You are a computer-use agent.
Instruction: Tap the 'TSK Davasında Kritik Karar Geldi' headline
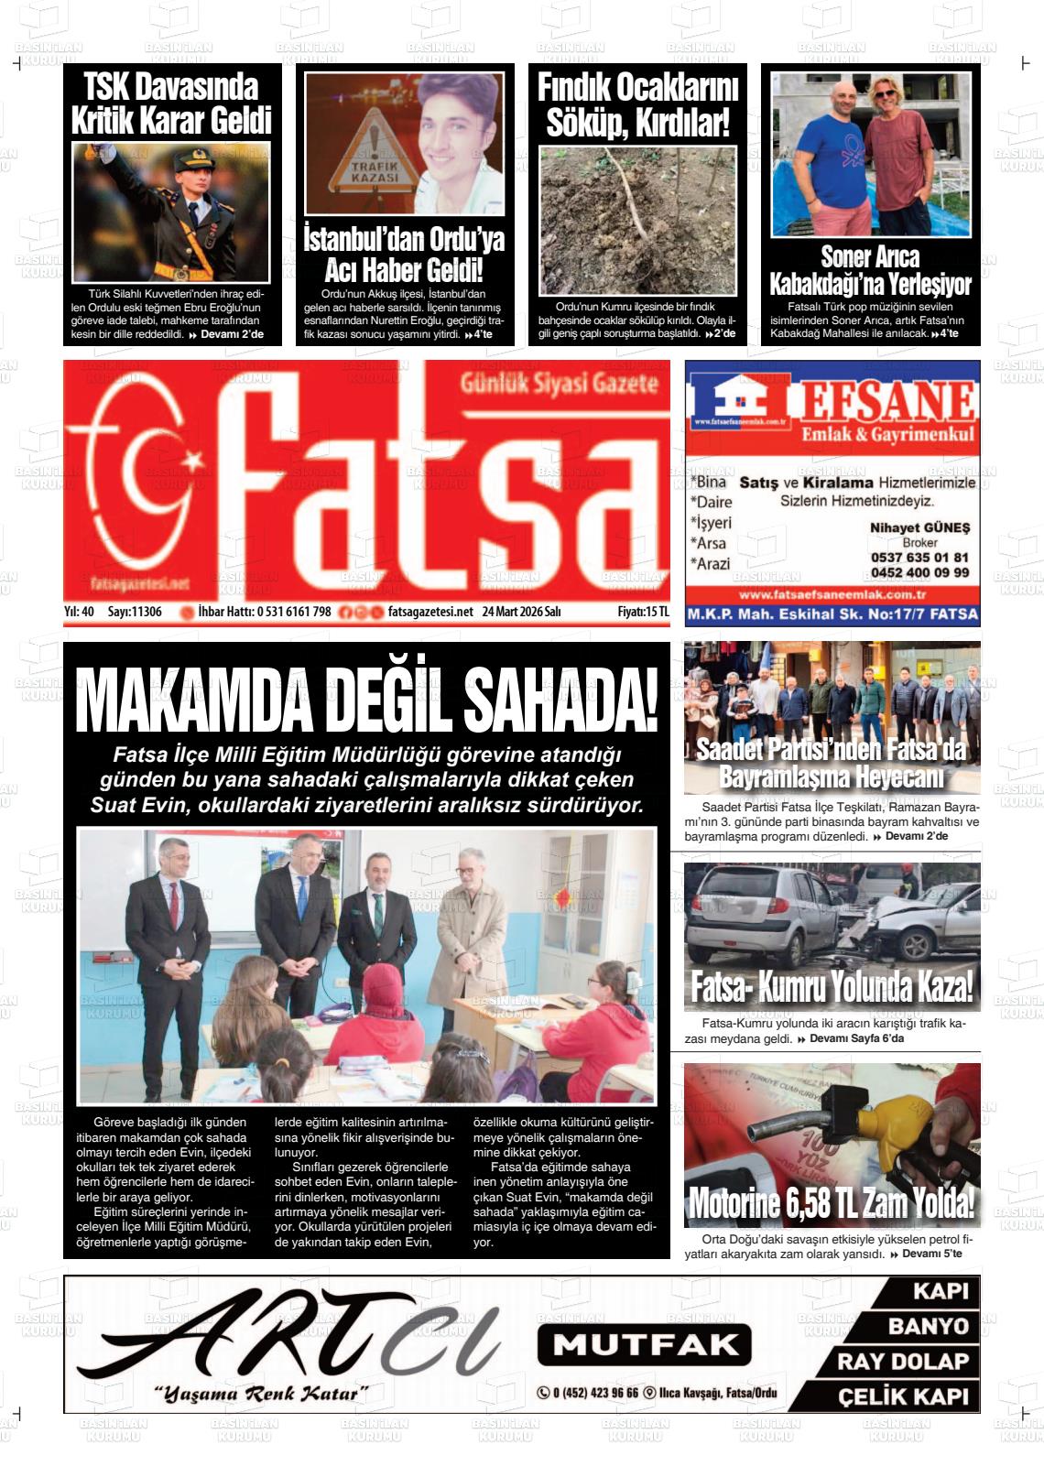tap(171, 104)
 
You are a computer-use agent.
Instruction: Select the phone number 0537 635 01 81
tap(919, 558)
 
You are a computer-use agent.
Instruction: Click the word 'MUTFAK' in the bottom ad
tap(645, 1344)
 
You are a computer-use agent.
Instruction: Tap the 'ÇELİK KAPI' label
tap(903, 1396)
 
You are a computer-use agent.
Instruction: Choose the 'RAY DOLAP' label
tap(902, 1362)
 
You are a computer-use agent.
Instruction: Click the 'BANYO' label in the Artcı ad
tap(928, 1326)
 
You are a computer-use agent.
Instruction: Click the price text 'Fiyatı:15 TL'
tap(643, 612)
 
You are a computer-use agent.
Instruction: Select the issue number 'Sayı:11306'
tap(135, 612)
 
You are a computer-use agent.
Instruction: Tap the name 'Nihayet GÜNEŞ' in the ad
tap(919, 527)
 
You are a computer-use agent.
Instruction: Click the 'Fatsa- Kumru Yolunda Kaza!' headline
tap(831, 988)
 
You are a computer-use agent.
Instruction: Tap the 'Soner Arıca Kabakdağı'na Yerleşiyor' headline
tap(869, 270)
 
